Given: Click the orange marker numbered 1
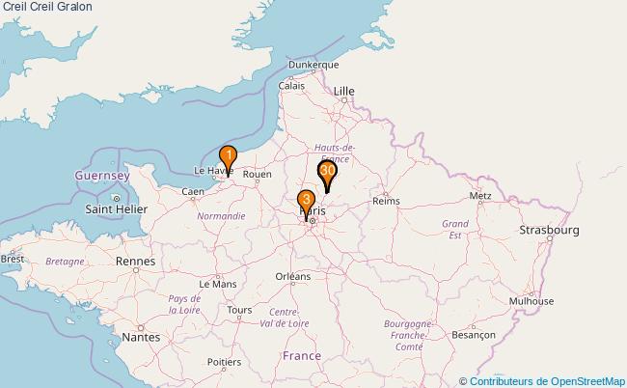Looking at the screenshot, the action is [x=229, y=156].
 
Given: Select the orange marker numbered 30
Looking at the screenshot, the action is [x=327, y=172].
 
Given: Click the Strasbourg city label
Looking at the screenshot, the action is [x=549, y=231].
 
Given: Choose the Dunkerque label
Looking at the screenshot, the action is [x=313, y=65].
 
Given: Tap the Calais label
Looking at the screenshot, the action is [x=291, y=85].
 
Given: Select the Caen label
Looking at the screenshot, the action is [x=192, y=191].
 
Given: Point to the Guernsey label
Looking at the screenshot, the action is [x=102, y=177].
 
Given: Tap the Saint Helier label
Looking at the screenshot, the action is [x=117, y=208].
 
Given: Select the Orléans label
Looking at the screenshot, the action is [x=293, y=276].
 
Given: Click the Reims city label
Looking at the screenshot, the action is [x=386, y=201].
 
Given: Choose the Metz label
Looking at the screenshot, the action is [x=479, y=196].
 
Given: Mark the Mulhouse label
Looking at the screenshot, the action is [x=532, y=300].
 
